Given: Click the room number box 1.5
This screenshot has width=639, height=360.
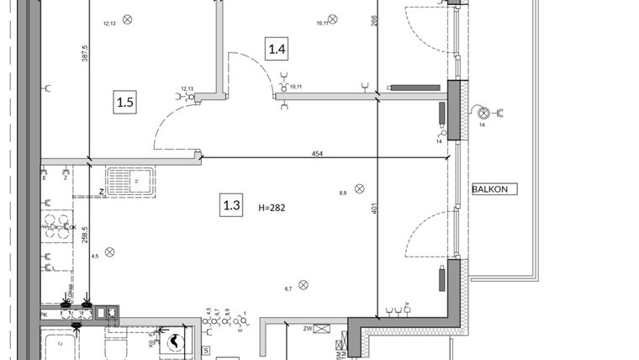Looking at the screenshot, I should [x=125, y=103].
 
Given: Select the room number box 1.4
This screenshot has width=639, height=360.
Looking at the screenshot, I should [x=277, y=50].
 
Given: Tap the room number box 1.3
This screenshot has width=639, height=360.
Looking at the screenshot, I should [x=232, y=204].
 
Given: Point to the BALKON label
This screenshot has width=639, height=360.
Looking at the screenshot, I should [x=492, y=188].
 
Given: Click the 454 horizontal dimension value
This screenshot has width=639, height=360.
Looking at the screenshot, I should [x=318, y=154].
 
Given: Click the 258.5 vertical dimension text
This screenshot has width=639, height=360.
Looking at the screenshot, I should [x=85, y=233].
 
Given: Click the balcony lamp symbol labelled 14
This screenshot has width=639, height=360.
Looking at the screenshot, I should [x=483, y=113].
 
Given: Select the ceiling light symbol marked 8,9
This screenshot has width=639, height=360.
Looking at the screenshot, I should [x=359, y=188].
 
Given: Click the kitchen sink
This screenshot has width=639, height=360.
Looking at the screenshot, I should [x=129, y=179].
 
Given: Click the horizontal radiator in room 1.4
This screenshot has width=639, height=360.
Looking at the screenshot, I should [x=415, y=86].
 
